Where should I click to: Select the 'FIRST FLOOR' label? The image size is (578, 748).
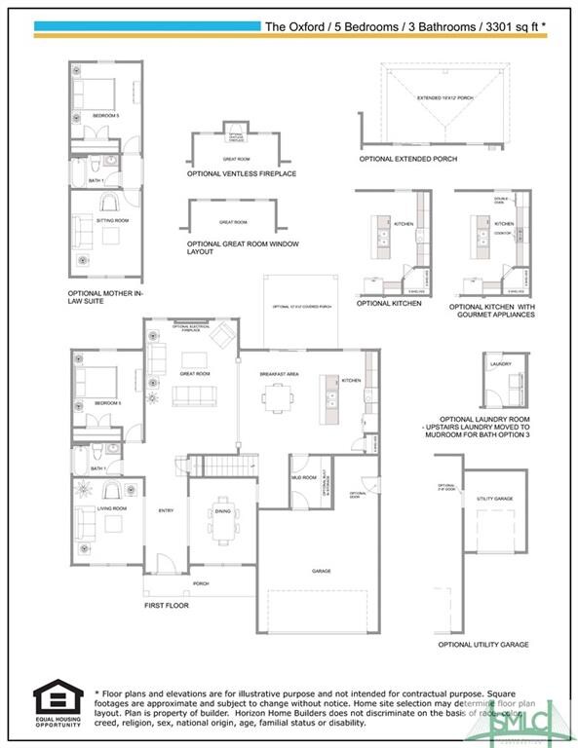click(168, 605)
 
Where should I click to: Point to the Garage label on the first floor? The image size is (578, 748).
click(322, 571)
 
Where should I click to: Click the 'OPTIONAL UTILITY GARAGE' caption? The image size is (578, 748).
click(483, 645)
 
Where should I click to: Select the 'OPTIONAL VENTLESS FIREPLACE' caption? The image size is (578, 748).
click(242, 173)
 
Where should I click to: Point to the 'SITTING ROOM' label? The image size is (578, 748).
click(112, 221)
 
